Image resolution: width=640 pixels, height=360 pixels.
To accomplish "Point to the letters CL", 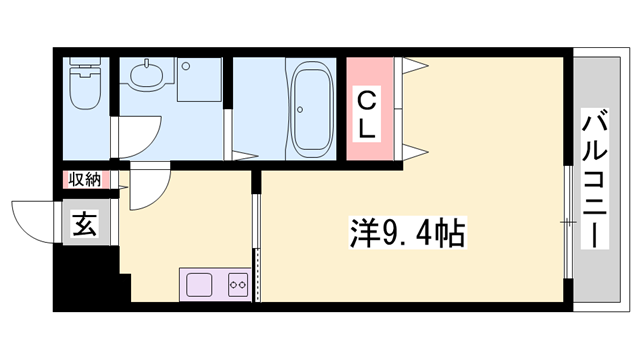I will point(369,113).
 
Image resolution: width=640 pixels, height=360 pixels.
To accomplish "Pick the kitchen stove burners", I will point(238,283).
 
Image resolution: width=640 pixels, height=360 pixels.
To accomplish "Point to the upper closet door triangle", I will point(414,66).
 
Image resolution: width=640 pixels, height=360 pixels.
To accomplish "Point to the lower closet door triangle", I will point(414,151).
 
